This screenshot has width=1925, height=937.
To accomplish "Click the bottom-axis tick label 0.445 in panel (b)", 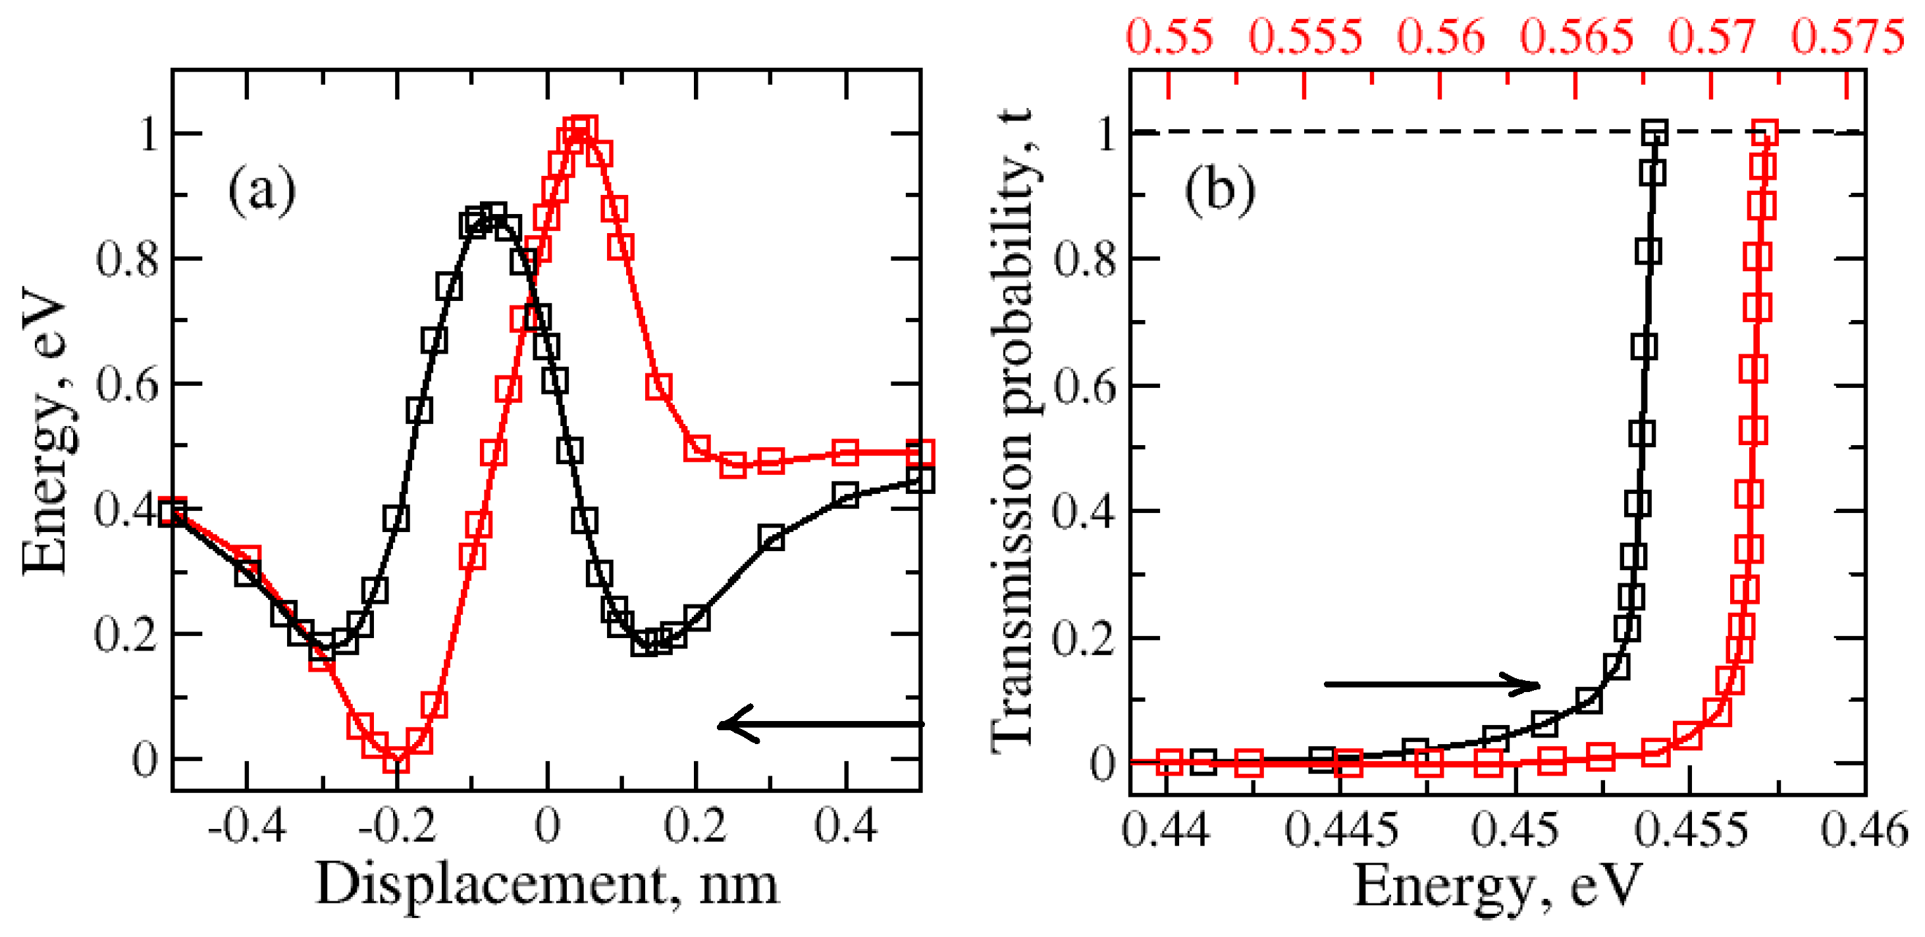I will [1341, 830].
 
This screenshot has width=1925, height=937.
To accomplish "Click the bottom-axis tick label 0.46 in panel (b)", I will [1864, 830].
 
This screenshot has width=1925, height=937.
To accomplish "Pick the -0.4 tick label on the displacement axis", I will [248, 826].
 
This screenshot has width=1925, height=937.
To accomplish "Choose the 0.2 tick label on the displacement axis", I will [695, 826].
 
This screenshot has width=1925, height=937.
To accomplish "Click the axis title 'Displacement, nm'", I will [547, 885].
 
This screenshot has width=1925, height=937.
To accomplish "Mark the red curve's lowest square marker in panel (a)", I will [397, 759].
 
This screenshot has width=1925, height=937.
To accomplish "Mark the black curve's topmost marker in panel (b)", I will [1655, 133].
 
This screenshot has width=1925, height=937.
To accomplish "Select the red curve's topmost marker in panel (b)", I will [1764, 133].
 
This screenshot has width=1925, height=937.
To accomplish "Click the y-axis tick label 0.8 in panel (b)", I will [1085, 259].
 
